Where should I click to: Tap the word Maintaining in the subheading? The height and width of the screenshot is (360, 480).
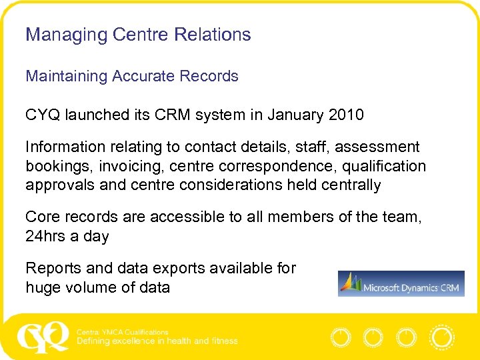point(67,76)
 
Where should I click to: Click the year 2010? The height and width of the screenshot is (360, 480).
point(346,115)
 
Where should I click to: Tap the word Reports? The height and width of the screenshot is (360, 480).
point(54,268)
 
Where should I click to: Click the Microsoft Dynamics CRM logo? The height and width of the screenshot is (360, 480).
point(401,283)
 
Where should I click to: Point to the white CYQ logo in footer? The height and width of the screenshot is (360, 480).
point(43,337)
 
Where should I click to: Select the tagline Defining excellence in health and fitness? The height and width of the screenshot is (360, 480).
point(157,341)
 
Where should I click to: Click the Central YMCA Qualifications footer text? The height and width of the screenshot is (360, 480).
point(123,332)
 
